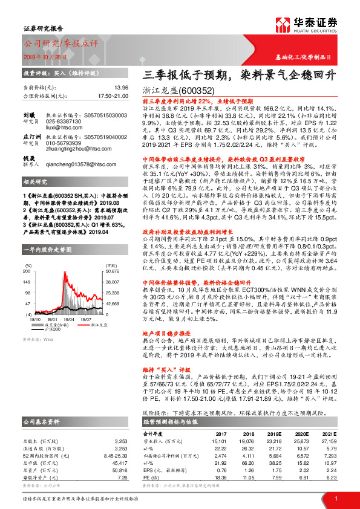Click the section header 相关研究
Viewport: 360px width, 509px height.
point(33,198)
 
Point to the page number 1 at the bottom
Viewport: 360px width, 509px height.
point(336,498)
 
